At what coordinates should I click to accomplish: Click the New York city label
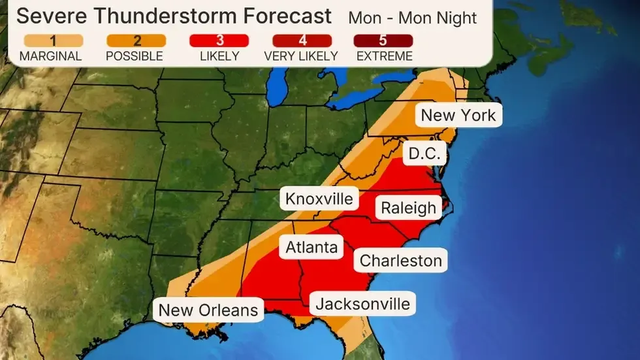[x=458, y=116]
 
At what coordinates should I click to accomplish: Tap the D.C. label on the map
[x=424, y=155]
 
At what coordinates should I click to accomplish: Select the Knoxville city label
[x=319, y=199]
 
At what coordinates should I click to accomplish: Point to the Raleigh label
[x=408, y=208]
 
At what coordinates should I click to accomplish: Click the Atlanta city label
[x=312, y=247]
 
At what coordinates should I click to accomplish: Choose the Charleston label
[x=401, y=261]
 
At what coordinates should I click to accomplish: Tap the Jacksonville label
[x=362, y=304]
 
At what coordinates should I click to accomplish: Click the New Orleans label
[x=208, y=309]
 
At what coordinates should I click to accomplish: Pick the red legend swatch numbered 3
[x=219, y=41]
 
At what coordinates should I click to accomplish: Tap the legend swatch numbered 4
[x=301, y=41]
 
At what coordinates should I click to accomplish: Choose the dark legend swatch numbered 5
[x=384, y=41]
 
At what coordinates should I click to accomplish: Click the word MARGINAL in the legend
[x=50, y=56]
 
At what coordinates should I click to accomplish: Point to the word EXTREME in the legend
[x=384, y=56]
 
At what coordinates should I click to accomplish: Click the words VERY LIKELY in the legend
[x=301, y=56]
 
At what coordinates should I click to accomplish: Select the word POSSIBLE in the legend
[x=134, y=56]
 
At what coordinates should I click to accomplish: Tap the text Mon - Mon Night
[x=413, y=17]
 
